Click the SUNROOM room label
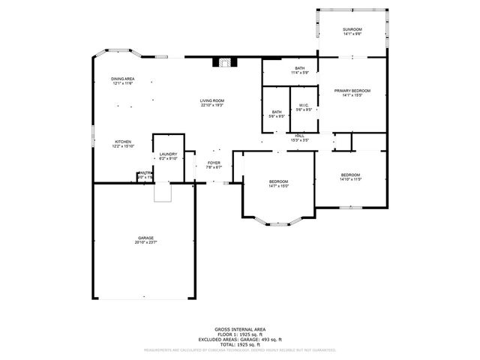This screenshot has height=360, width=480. [x=352, y=29]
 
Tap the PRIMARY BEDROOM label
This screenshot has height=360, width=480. [x=352, y=91]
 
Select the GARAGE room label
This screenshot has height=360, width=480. [x=145, y=238]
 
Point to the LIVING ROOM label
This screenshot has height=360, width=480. [x=212, y=100]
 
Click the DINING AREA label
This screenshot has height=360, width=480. [x=123, y=79]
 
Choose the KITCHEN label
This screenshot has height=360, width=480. [x=123, y=142]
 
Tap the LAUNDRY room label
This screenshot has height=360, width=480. [x=168, y=154]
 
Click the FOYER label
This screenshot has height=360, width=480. [x=214, y=162]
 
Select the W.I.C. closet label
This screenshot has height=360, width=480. [x=304, y=105]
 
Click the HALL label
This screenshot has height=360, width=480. [x=299, y=136]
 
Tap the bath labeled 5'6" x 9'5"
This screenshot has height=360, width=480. [x=277, y=116]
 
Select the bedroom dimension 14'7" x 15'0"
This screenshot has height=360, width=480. [x=279, y=186]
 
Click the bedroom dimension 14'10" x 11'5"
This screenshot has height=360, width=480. [x=351, y=179]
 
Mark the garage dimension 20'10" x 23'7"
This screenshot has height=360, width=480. [x=145, y=243]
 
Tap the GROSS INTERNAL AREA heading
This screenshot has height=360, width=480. [x=239, y=329]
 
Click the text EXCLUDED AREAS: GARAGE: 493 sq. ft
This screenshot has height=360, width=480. [x=239, y=338]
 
